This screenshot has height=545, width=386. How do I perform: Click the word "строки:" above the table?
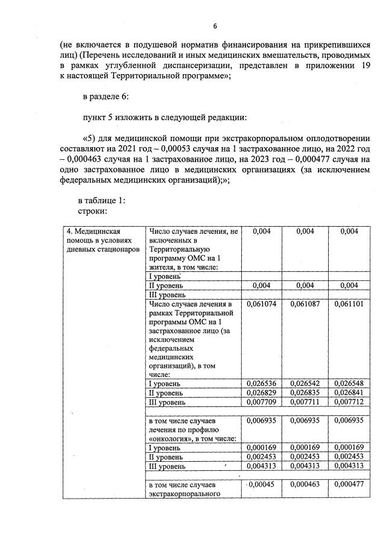[93, 211]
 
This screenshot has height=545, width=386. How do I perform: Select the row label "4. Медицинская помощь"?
[93, 232]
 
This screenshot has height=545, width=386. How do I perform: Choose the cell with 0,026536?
[262, 383]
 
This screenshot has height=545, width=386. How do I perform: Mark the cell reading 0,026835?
[306, 392]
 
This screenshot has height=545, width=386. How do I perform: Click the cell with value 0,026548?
[349, 383]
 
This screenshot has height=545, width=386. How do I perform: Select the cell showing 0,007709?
[262, 402]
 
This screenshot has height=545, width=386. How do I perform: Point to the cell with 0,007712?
[349, 402]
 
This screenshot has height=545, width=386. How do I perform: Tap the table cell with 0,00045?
[262, 484]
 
